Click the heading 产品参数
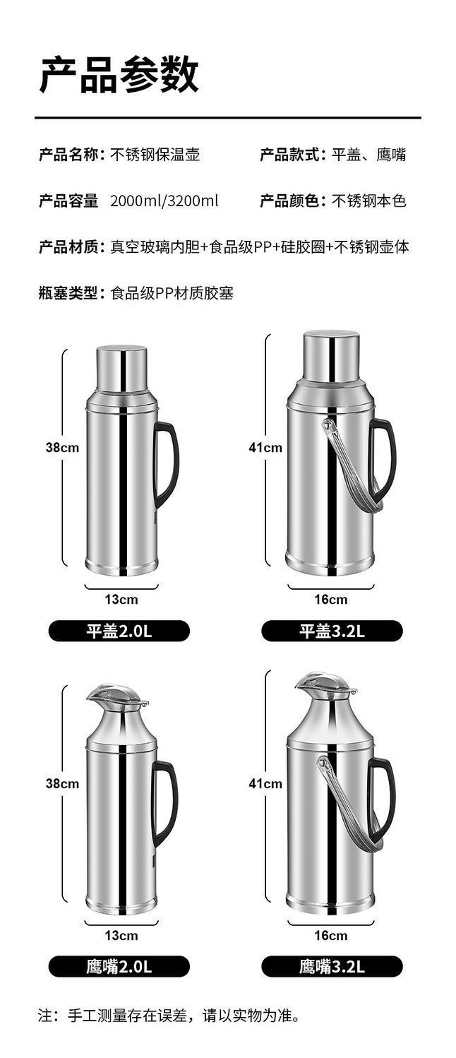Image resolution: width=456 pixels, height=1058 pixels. pos(119,74)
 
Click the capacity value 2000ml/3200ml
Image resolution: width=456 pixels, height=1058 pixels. pos(164,201)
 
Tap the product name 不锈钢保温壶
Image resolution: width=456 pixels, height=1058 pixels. pos(155,155)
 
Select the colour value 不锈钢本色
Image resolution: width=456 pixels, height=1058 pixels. pos(368,201)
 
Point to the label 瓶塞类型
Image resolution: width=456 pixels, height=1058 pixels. pos(68,293)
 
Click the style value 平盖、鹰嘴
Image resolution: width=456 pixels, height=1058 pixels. pos(368,155)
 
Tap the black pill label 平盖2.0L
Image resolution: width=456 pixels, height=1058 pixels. pos(119,631)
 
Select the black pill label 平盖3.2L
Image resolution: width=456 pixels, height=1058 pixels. pos(332,631)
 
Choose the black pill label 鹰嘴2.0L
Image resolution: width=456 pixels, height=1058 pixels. pos(119,967)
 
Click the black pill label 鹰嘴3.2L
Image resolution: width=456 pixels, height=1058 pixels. pos(332,967)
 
